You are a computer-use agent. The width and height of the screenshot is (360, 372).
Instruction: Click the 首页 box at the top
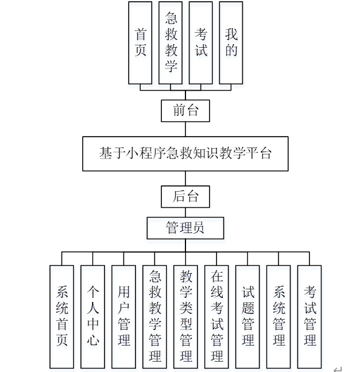pos(140,42)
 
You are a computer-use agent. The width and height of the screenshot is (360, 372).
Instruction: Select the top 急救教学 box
pos(171,42)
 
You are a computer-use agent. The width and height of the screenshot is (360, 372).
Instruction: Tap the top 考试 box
pos(200,42)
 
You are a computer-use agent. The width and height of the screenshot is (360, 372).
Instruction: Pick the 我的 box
pos(231,42)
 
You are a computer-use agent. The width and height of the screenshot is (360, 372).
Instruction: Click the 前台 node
pos(185,110)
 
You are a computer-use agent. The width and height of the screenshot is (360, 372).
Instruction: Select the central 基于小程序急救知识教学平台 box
pos(185,153)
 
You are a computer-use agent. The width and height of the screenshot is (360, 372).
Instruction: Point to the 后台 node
pos(185,196)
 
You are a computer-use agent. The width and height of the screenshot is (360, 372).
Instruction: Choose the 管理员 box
pos(185,228)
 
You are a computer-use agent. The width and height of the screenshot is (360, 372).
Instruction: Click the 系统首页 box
pos(61,316)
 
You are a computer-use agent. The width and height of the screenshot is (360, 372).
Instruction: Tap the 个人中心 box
pos(92,316)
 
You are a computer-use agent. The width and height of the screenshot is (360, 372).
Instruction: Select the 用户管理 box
pos(123,316)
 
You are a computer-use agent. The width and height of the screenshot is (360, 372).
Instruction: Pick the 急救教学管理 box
pos(154,316)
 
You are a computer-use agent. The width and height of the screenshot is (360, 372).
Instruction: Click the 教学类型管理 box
pos(185,316)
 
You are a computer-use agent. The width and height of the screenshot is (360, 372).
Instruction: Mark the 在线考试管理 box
pos(216,316)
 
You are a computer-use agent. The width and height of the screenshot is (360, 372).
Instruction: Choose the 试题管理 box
pos(247,316)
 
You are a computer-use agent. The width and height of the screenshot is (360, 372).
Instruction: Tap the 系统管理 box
pos(278,316)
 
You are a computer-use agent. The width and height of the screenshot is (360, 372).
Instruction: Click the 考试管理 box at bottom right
pos(309,316)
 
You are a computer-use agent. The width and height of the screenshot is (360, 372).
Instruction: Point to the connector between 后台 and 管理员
pos(185,212)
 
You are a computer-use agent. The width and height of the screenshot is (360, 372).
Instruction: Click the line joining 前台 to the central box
pos(185,129)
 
